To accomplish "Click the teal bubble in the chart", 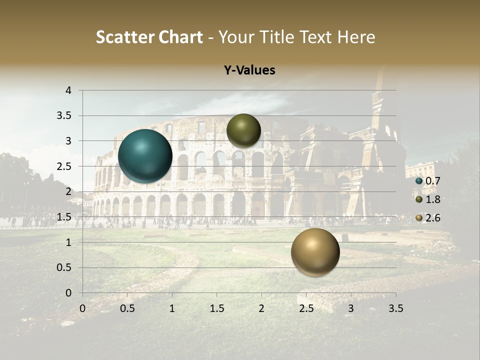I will (x=145, y=156).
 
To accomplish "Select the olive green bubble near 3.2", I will (x=243, y=130).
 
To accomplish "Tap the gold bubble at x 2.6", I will (x=315, y=252).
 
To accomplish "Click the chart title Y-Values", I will (x=249, y=70).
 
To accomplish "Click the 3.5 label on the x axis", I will (x=395, y=308).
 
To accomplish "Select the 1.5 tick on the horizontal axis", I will (x=216, y=308).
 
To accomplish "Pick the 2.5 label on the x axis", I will (x=306, y=308).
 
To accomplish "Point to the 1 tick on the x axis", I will (x=172, y=308).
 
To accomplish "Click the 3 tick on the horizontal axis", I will (x=351, y=308).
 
